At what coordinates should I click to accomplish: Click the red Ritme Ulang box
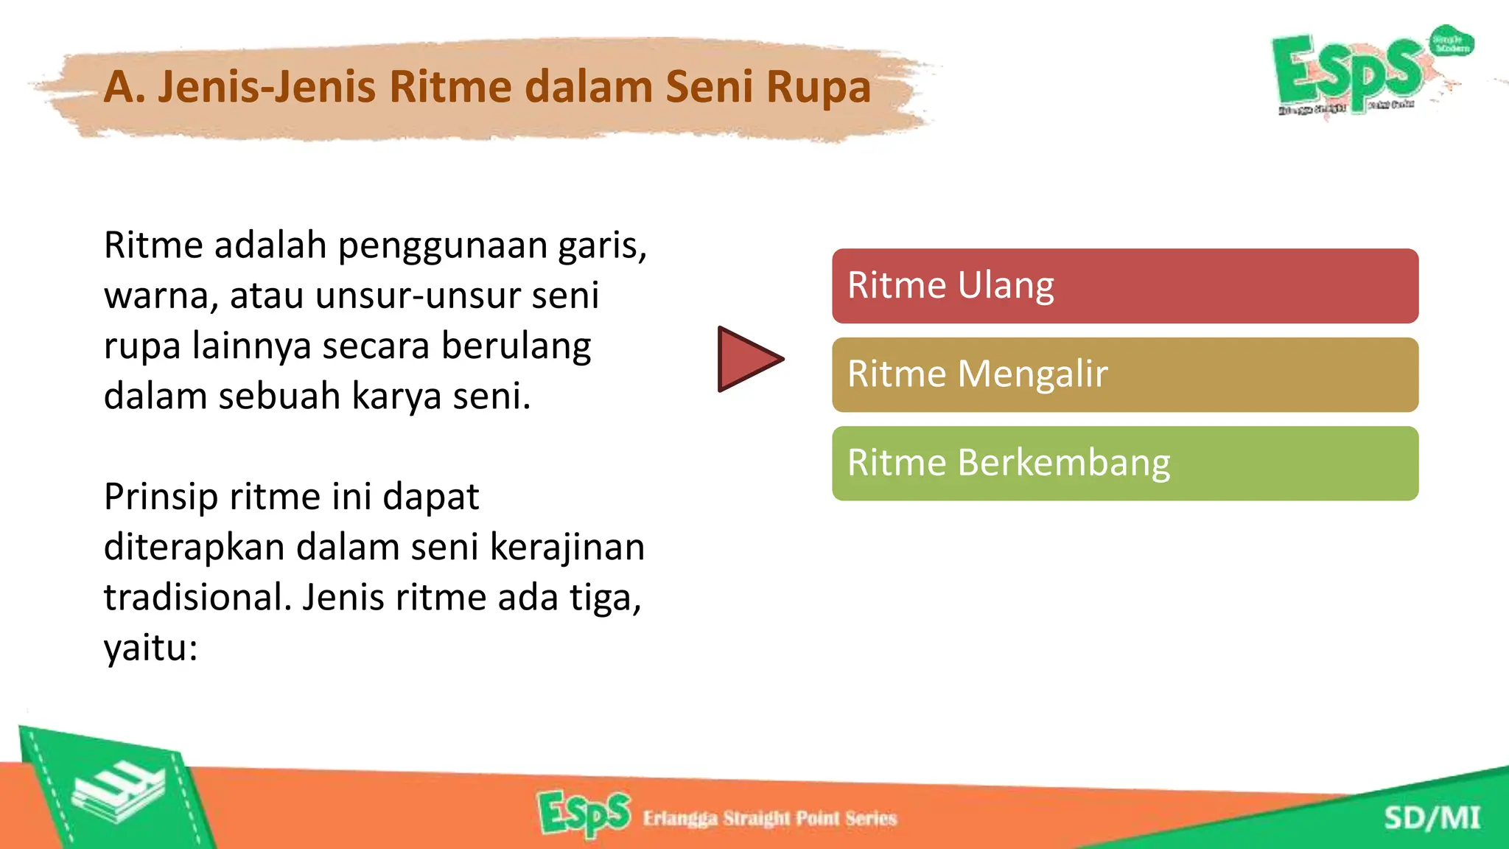click(x=1124, y=286)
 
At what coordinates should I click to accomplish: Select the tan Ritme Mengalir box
click(x=1124, y=374)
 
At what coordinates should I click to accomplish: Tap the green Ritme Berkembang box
click(x=1124, y=463)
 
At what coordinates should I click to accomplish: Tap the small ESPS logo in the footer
click(x=584, y=814)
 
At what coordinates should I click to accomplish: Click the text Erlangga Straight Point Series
click(x=769, y=818)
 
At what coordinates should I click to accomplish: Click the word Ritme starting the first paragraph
click(x=153, y=245)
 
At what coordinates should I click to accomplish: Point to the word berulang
click(x=516, y=346)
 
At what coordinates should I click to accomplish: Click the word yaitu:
click(x=150, y=649)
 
